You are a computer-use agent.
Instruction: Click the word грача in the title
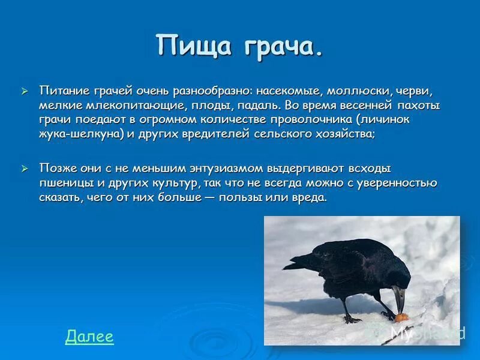(x=280, y=48)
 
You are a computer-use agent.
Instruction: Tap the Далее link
(x=89, y=336)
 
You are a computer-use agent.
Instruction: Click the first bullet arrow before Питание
(x=25, y=91)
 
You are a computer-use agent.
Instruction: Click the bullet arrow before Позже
(x=25, y=169)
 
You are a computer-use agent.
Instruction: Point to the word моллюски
(x=359, y=91)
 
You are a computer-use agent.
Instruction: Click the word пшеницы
(x=66, y=183)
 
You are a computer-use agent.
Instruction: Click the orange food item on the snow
(x=401, y=317)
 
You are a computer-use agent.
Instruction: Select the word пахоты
(x=418, y=106)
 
